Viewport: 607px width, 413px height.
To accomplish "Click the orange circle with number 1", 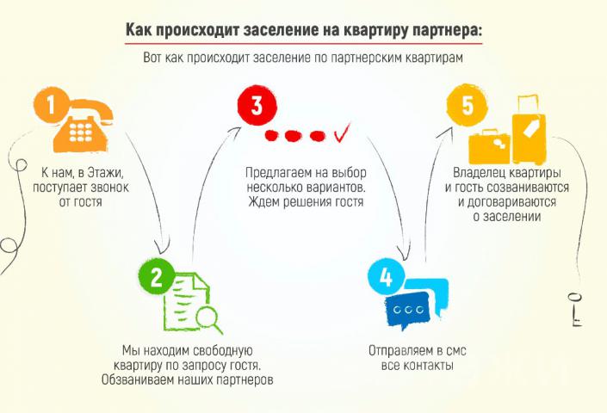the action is tap(51, 105).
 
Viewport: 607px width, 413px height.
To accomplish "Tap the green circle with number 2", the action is tap(156, 276).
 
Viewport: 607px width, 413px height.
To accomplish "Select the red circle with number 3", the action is tap(257, 105).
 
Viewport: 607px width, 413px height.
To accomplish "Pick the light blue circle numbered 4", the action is tap(386, 277).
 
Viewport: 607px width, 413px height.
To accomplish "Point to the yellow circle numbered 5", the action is tap(467, 105).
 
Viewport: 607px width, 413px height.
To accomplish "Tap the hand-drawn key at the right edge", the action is tap(577, 310).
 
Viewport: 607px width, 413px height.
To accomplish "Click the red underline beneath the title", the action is tap(303, 43).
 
